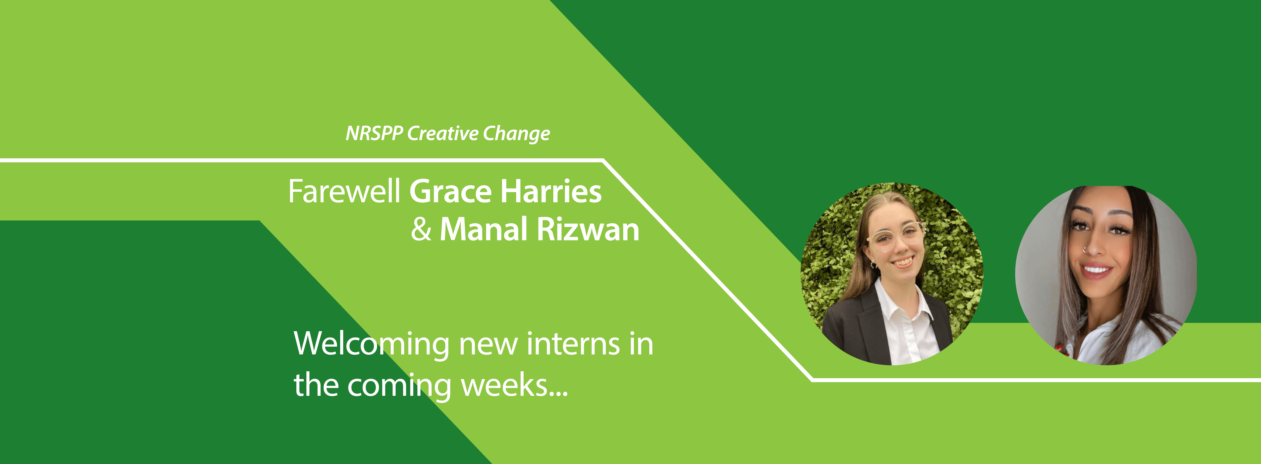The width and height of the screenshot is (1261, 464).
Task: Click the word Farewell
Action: click(344, 191)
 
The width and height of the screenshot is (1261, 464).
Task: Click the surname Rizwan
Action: click(588, 229)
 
